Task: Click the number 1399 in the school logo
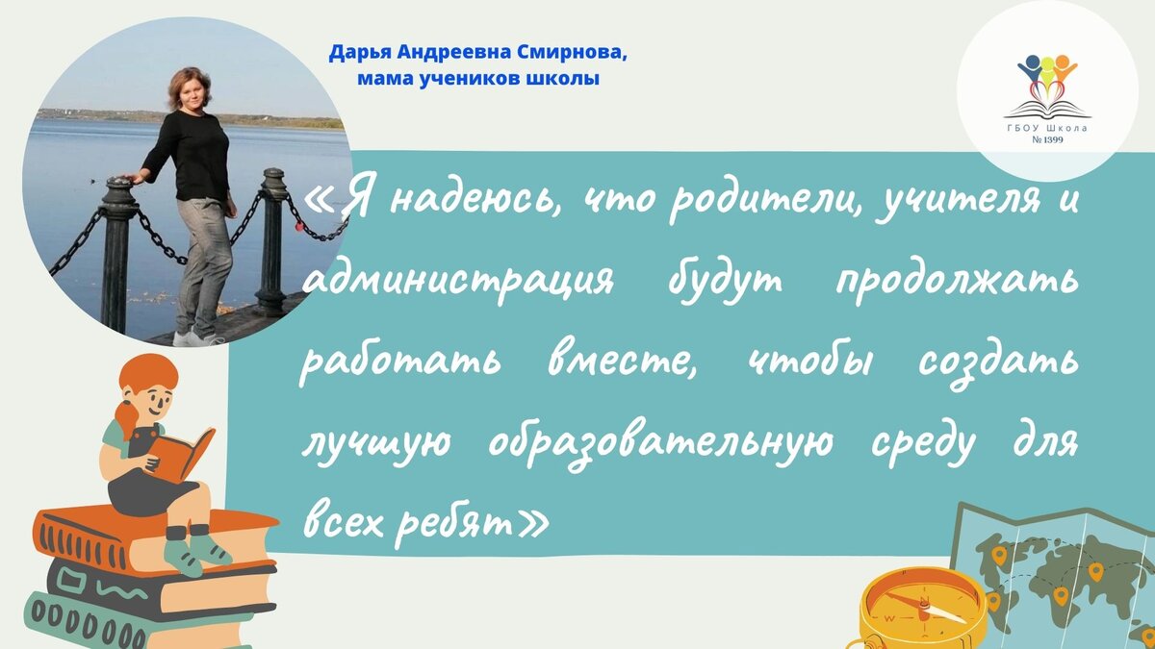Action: tap(1052, 139)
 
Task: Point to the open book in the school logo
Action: tap(1047, 110)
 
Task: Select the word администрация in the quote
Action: tap(458, 284)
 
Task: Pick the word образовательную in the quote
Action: tap(660, 443)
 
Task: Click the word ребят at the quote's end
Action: tap(454, 525)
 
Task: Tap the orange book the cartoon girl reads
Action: tap(180, 454)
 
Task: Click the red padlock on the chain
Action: tap(298, 226)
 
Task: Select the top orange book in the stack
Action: tap(155, 537)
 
